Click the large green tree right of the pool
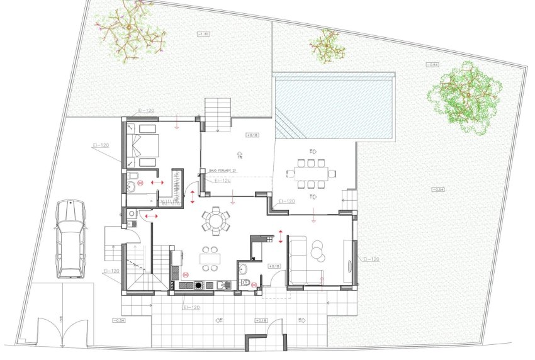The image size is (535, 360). point(466,97)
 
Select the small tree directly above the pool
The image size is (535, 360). point(327,45)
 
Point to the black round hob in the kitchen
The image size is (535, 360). point(199,285)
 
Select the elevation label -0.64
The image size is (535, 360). point(432,65)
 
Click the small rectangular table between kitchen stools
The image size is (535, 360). point(210,257)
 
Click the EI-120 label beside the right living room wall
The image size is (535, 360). point(371,259)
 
